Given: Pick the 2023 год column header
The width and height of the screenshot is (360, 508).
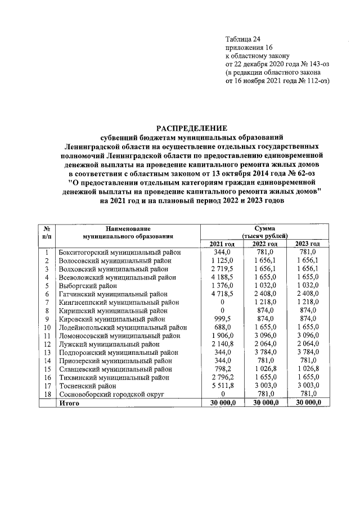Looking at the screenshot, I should (x=308, y=244).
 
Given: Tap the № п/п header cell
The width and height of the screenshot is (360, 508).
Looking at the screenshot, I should (x=47, y=234).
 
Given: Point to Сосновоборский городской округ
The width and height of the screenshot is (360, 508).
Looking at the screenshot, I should (x=111, y=395).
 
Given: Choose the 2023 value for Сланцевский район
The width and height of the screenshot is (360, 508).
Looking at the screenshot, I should (x=308, y=369).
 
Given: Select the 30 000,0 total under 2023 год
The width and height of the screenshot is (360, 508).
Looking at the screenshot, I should (x=308, y=403).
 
